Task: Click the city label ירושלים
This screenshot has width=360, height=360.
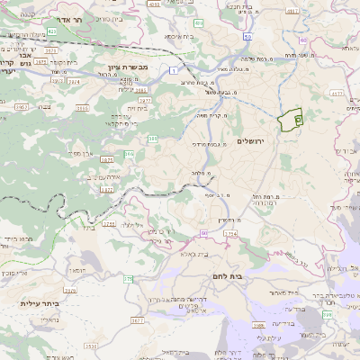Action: [x=253, y=141]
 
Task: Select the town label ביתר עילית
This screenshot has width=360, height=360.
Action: [x=39, y=303]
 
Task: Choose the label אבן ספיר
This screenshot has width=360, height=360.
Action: [x=85, y=153]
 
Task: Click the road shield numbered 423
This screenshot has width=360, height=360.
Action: [x=52, y=31]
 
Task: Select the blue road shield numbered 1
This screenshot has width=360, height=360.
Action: [x=172, y=70]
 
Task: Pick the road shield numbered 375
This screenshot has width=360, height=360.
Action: [x=128, y=280]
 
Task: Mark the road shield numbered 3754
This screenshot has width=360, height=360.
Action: [x=230, y=233]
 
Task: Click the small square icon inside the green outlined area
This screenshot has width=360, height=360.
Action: [x=299, y=118]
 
